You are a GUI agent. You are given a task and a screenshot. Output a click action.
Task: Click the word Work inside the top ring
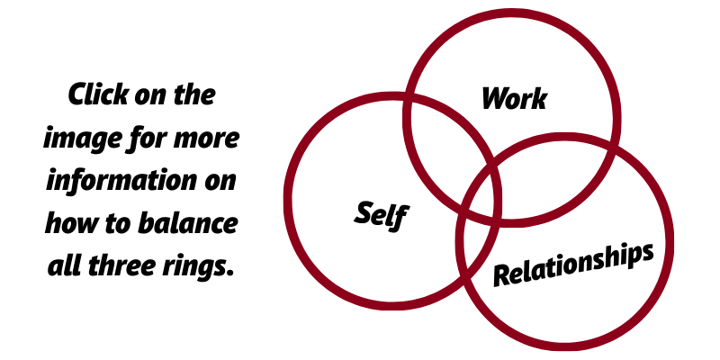point(514,98)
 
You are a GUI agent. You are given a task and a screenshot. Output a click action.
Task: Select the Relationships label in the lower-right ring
point(573,264)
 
